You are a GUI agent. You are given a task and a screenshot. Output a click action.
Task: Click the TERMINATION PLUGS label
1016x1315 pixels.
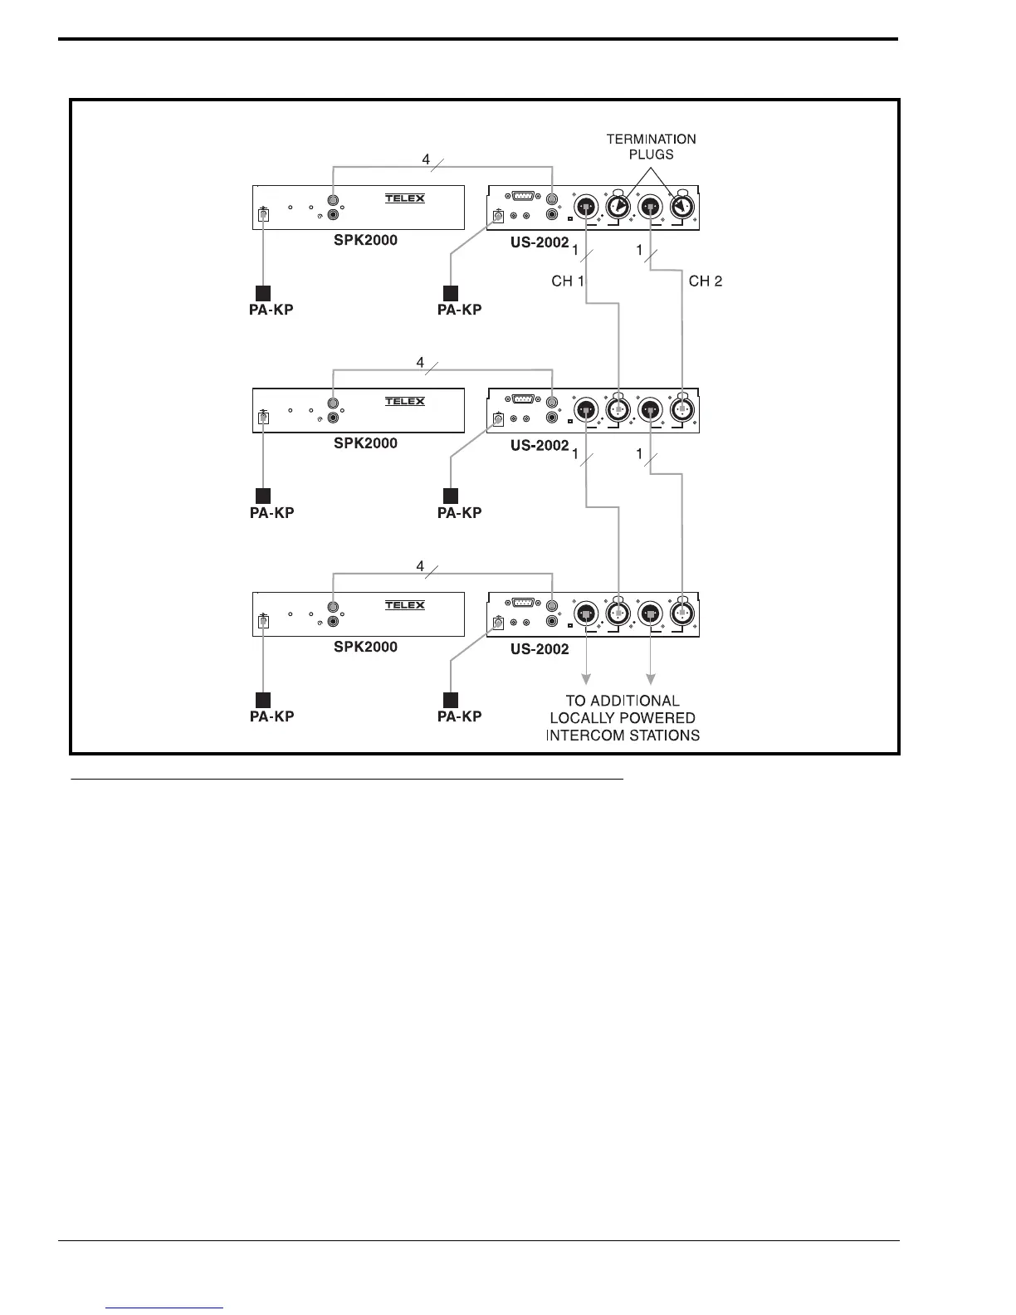pos(651,147)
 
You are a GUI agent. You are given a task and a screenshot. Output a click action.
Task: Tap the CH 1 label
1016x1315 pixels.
pos(567,281)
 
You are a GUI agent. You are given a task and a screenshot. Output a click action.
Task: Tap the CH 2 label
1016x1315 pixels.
pos(706,281)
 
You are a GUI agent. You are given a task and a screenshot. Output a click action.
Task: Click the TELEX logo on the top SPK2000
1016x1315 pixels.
pos(405,198)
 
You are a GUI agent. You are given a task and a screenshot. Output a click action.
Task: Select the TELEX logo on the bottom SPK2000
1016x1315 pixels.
pos(405,605)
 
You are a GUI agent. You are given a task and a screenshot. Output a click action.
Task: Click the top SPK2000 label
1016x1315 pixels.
pos(365,241)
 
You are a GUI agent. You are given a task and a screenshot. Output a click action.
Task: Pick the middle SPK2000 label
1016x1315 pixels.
pos(365,443)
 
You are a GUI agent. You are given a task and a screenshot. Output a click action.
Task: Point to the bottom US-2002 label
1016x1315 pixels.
pos(540,649)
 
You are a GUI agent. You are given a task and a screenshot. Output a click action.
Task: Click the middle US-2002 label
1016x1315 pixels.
pos(540,446)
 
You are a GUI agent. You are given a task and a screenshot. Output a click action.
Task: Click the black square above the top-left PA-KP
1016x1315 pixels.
pos(263,292)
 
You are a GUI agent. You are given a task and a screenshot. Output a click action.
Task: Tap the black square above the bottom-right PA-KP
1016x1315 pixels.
pos(451,699)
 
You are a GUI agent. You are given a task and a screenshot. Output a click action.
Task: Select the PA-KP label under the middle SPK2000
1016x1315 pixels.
pos(271,513)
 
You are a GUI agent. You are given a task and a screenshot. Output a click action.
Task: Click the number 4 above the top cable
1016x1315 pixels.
pos(426,159)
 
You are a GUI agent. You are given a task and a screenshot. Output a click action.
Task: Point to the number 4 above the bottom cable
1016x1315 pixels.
pos(420,566)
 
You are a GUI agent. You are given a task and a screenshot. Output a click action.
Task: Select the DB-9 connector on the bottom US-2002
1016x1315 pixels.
pos(523,603)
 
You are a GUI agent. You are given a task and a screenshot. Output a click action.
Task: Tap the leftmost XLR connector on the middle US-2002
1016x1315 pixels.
pos(586,409)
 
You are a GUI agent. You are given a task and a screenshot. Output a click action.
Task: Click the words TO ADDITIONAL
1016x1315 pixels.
pos(623,701)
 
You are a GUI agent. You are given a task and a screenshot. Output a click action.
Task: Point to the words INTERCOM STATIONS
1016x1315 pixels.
pos(623,736)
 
